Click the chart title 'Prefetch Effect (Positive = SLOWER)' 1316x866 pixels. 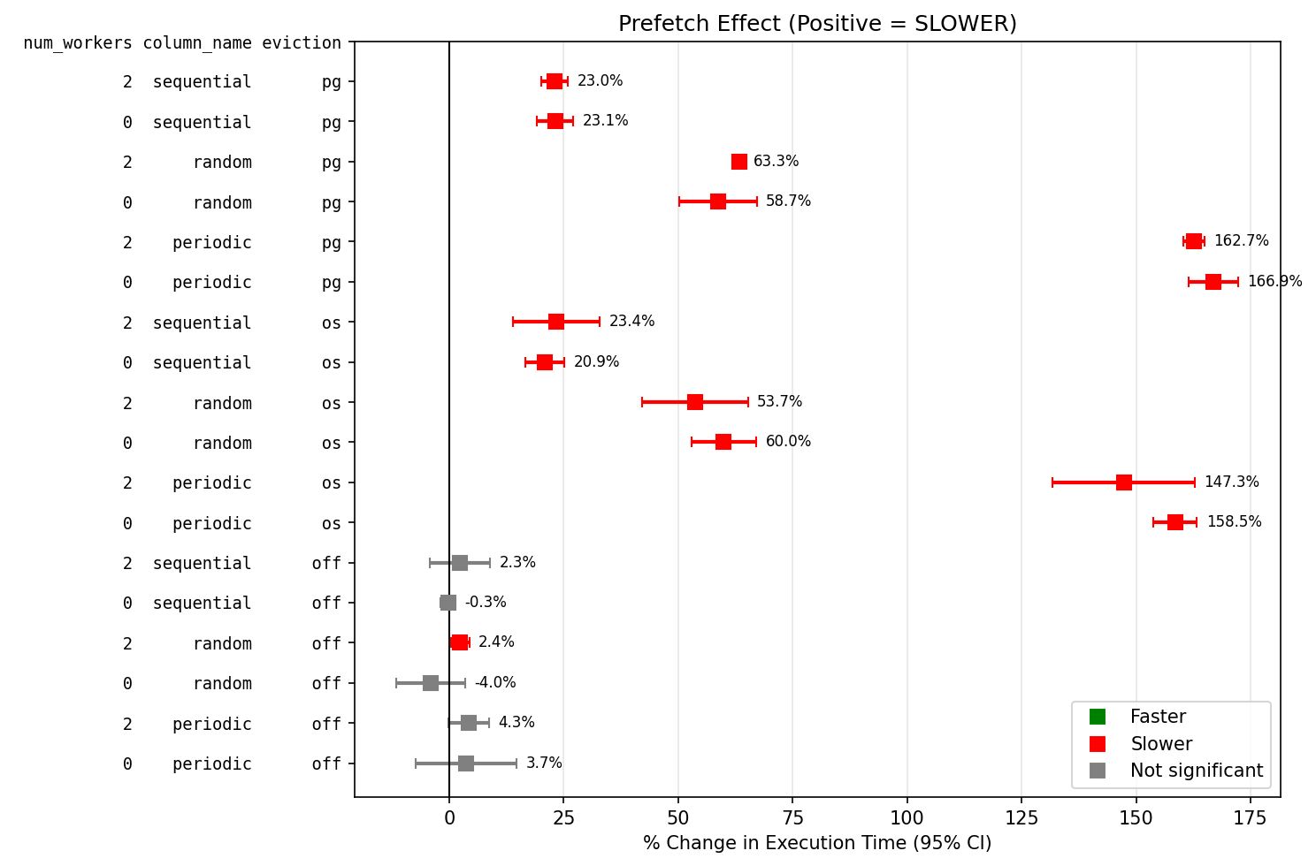(x=817, y=24)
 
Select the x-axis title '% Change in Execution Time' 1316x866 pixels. (x=817, y=843)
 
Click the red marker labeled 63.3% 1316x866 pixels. (x=739, y=162)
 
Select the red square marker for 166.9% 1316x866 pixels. (x=1213, y=282)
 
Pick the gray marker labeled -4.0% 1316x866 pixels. (x=431, y=683)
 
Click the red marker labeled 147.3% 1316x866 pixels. (x=1124, y=482)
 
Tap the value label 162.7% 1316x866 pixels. (x=1241, y=241)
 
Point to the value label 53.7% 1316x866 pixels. (x=779, y=402)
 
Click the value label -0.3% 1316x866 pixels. (x=486, y=603)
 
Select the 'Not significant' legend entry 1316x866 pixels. (x=1196, y=771)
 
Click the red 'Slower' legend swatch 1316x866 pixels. (x=1098, y=744)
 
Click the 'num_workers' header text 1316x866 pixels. (x=78, y=42)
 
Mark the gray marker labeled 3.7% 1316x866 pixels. (x=466, y=763)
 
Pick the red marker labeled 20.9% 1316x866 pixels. (x=545, y=362)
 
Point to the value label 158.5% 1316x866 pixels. (x=1234, y=522)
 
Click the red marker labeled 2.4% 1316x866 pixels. (x=460, y=642)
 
